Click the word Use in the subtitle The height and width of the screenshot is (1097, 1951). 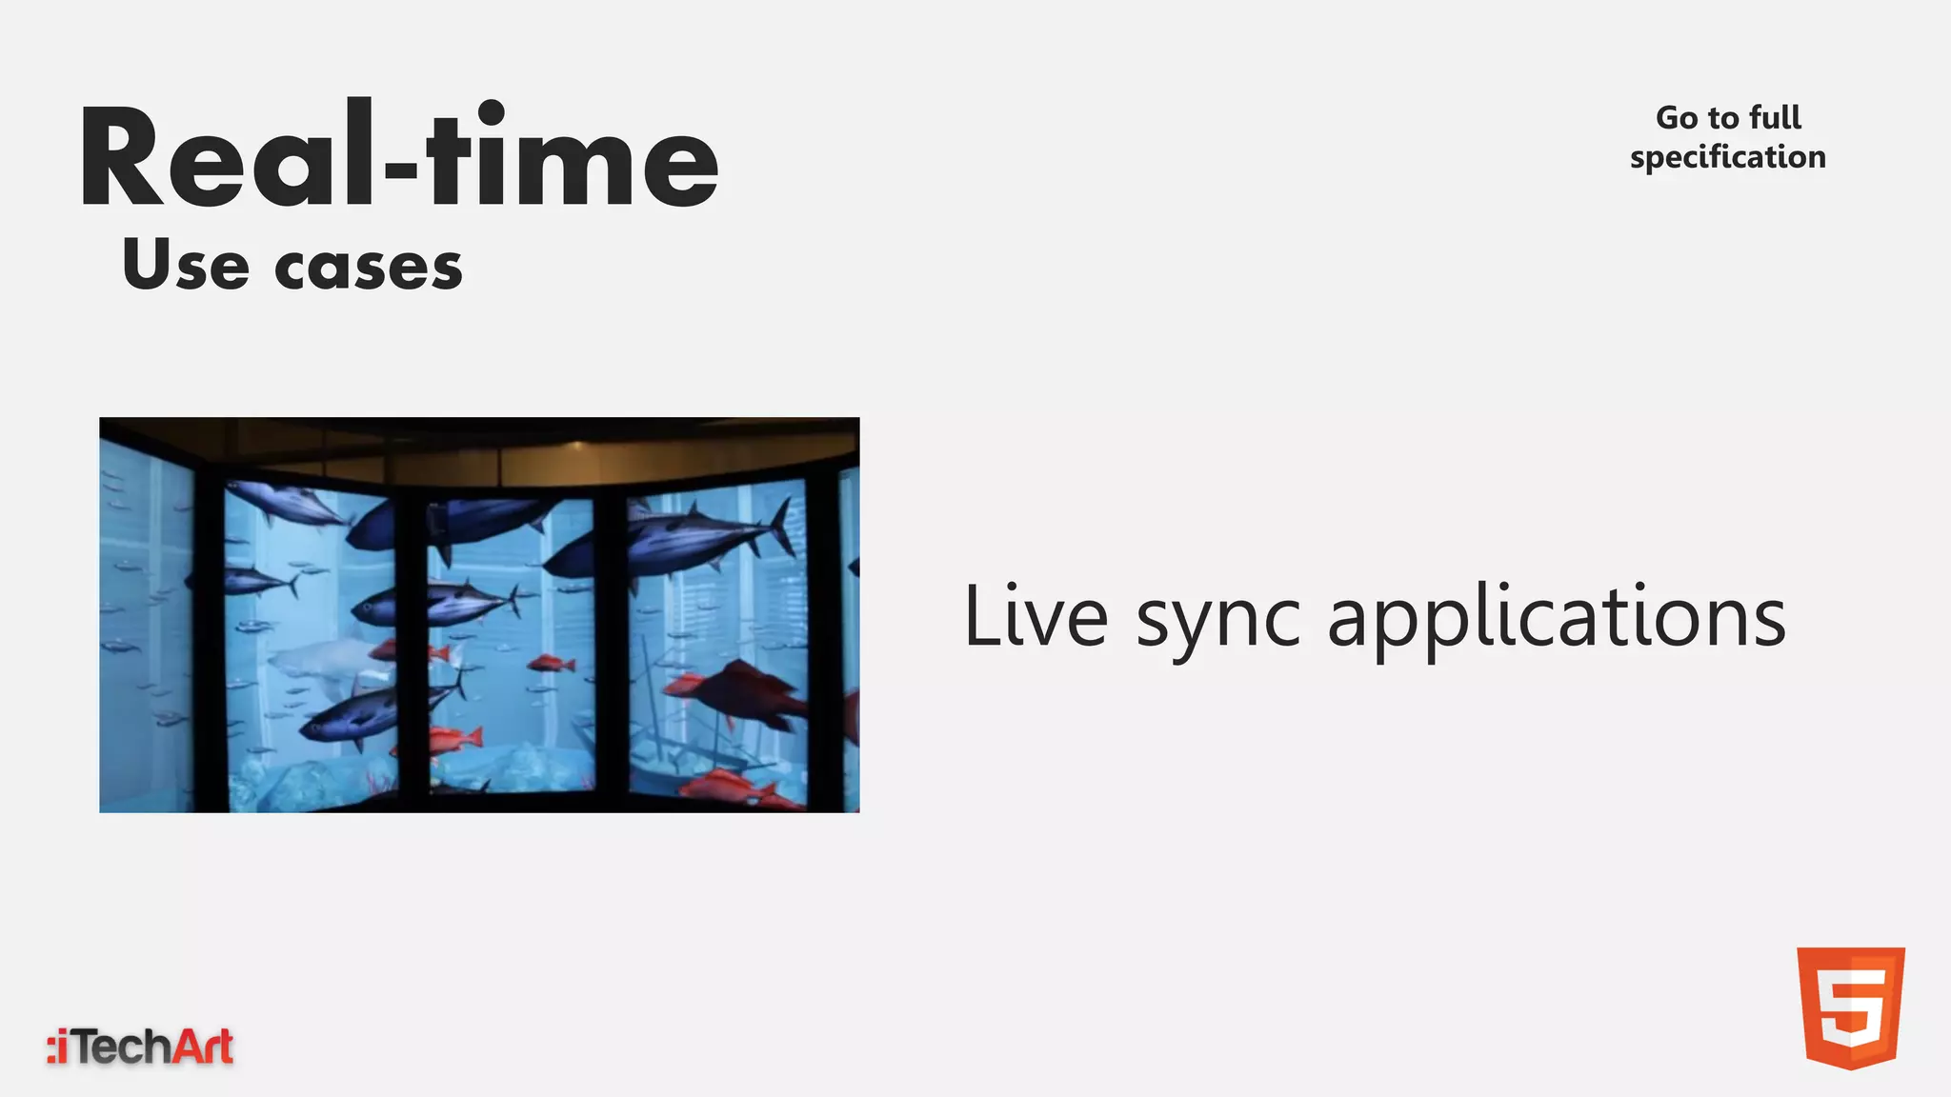[186, 266]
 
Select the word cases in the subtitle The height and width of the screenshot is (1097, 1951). [369, 268]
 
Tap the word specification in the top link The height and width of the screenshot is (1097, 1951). [1727, 157]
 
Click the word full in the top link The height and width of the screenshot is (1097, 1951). [1775, 117]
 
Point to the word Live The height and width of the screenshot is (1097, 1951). [1036, 617]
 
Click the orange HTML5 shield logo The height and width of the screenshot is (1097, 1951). [1850, 1007]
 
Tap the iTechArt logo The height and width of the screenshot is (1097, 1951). [141, 1047]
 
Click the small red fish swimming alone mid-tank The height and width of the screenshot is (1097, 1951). [552, 663]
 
